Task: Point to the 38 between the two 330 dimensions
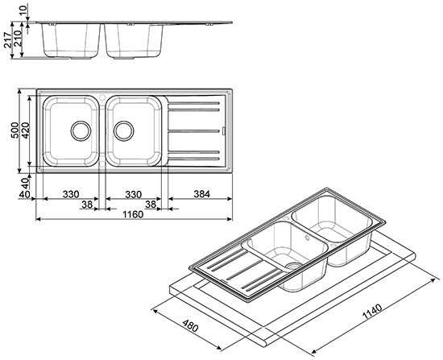click(87, 205)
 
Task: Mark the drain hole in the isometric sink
click(295, 263)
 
